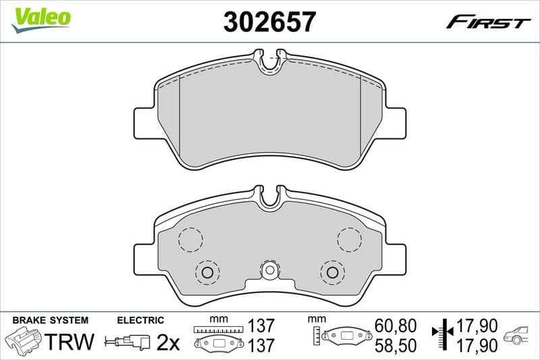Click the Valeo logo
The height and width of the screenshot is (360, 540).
[x=40, y=16]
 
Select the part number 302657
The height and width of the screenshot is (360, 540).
[x=269, y=22]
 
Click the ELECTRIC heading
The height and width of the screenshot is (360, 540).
[x=140, y=320]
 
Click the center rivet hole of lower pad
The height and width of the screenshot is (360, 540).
[x=269, y=271]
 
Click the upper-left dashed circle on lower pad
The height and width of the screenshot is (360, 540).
[x=191, y=238]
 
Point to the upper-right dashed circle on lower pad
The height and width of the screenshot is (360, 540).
[x=349, y=238]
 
